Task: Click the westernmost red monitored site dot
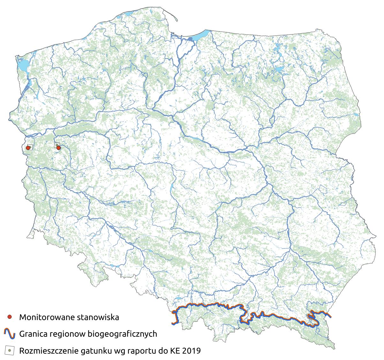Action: point(28,148)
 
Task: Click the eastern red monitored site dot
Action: point(58,148)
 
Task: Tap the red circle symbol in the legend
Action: point(10,317)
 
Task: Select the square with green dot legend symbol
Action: point(10,351)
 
